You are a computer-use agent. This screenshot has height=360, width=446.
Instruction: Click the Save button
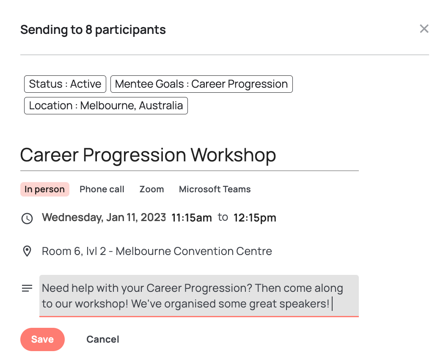pyautogui.click(x=42, y=339)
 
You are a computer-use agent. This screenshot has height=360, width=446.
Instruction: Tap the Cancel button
pyautogui.click(x=103, y=339)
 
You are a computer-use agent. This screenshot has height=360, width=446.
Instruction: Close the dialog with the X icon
pyautogui.click(x=424, y=29)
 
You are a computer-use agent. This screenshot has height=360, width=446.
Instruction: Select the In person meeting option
pyautogui.click(x=45, y=189)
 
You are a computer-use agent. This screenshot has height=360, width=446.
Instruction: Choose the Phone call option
pyautogui.click(x=102, y=189)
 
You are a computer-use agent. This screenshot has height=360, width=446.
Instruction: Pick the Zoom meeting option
pyautogui.click(x=151, y=189)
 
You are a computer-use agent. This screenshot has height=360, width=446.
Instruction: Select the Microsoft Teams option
pyautogui.click(x=215, y=189)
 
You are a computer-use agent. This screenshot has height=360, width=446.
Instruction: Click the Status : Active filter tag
pyautogui.click(x=65, y=84)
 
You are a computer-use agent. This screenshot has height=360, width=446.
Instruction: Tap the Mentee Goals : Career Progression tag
pyautogui.click(x=201, y=84)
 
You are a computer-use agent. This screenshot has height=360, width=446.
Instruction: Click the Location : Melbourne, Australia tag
pyautogui.click(x=106, y=105)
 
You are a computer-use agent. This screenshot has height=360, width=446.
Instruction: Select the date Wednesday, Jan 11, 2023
pyautogui.click(x=104, y=217)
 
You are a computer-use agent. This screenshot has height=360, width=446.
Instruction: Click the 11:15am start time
pyautogui.click(x=191, y=218)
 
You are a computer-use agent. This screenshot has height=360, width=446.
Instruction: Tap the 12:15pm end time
pyautogui.click(x=255, y=218)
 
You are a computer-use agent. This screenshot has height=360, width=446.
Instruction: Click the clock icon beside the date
pyautogui.click(x=27, y=219)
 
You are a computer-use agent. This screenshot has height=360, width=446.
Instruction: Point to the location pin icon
pyautogui.click(x=27, y=251)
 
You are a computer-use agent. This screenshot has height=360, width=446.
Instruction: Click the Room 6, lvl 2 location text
pyautogui.click(x=157, y=251)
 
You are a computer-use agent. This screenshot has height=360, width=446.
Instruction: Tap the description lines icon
pyautogui.click(x=27, y=288)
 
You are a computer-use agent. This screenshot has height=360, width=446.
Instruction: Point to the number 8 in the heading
pyautogui.click(x=89, y=30)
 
